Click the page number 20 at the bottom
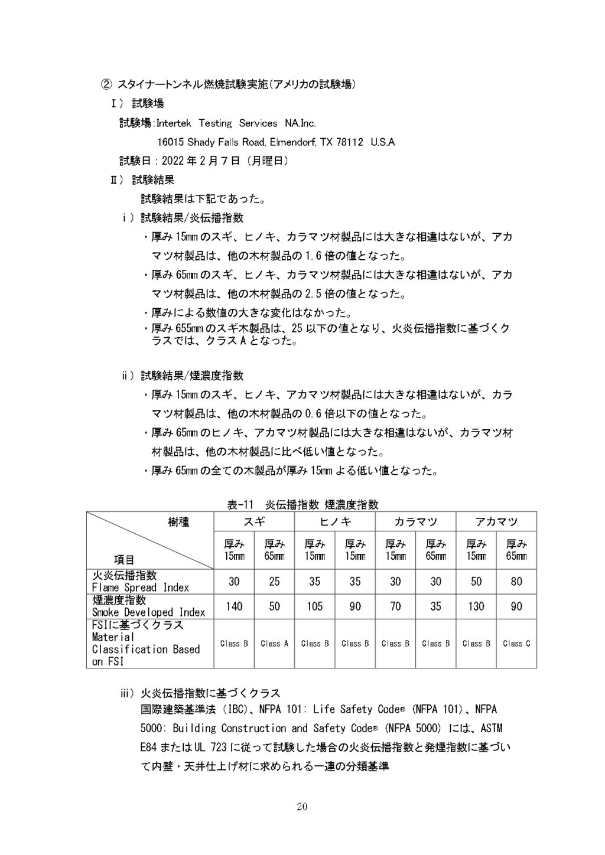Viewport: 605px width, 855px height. (302, 807)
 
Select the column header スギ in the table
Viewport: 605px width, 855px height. (255, 521)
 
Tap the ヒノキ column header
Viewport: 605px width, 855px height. (335, 521)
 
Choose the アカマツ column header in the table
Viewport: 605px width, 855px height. (496, 521)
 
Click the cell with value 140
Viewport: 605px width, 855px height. (234, 606)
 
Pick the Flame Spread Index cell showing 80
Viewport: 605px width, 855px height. (516, 582)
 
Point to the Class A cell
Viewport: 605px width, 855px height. (275, 644)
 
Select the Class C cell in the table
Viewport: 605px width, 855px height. (516, 644)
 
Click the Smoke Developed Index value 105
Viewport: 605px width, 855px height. (315, 606)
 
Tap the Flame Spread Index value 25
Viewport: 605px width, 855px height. (275, 582)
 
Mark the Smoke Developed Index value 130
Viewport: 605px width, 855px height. (476, 606)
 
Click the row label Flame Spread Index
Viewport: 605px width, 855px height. (141, 588)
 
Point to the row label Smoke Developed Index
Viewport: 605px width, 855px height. (148, 612)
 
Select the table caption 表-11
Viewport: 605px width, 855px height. (240, 505)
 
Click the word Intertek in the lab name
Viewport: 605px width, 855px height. (175, 123)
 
